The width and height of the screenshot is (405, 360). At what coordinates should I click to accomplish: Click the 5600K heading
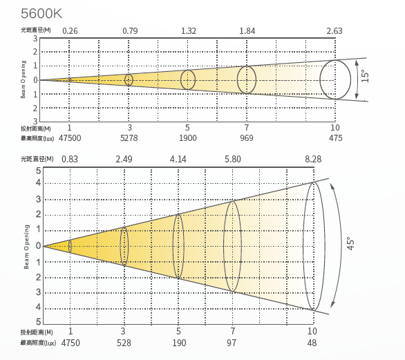pos(41,13)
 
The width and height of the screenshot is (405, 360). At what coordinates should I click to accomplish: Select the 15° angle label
pos(365,76)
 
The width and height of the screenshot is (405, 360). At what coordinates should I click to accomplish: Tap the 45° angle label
pos(350,243)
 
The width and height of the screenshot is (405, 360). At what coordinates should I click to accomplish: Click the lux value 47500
pos(70,138)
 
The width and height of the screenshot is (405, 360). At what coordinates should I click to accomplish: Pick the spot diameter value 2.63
pos(335,31)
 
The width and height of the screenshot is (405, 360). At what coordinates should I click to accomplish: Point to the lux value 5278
pos(129,138)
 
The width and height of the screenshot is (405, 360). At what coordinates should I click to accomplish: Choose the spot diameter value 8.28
pos(313,159)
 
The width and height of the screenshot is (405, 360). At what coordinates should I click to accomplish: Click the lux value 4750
pos(70,343)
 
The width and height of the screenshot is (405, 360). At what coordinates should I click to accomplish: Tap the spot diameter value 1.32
pos(189,31)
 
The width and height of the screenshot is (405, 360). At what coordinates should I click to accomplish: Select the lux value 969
pos(247,138)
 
